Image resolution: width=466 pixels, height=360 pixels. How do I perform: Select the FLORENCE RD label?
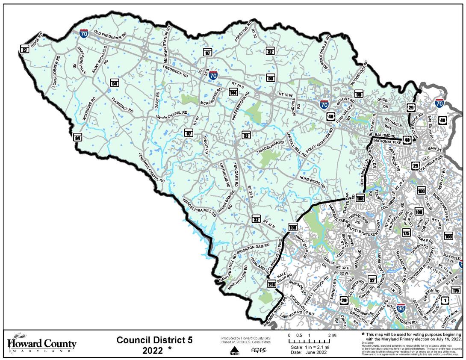[122, 104]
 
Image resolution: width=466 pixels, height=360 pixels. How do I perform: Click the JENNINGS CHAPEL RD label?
[151, 168]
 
